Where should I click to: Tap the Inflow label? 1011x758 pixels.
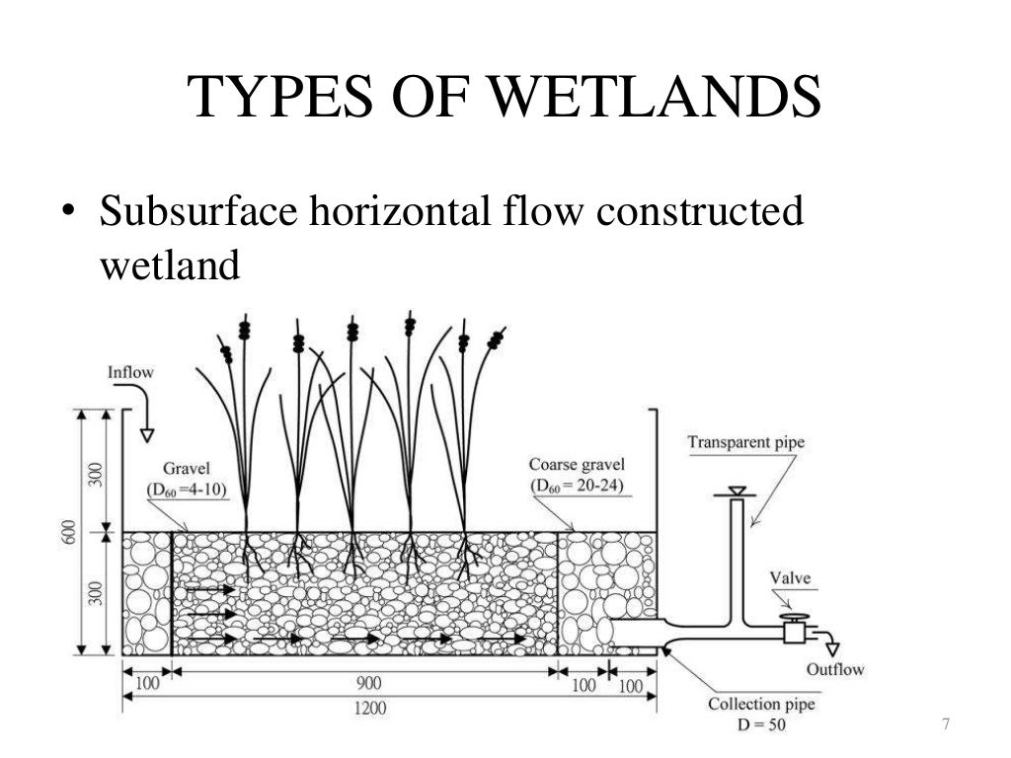pyautogui.click(x=130, y=373)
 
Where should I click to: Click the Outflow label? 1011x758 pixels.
pyautogui.click(x=834, y=670)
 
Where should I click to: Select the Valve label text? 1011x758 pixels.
pyautogui.click(x=791, y=578)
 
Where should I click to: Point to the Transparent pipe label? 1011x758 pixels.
pyautogui.click(x=745, y=442)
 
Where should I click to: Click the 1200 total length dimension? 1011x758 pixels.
pyautogui.click(x=371, y=709)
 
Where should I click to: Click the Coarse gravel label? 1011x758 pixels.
pyautogui.click(x=577, y=465)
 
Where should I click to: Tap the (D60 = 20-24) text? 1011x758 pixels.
pyautogui.click(x=577, y=486)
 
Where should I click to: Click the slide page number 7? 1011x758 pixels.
pyautogui.click(x=945, y=725)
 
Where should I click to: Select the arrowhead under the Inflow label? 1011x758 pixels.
pyautogui.click(x=147, y=433)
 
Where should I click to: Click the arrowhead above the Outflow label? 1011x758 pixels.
pyautogui.click(x=832, y=648)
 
